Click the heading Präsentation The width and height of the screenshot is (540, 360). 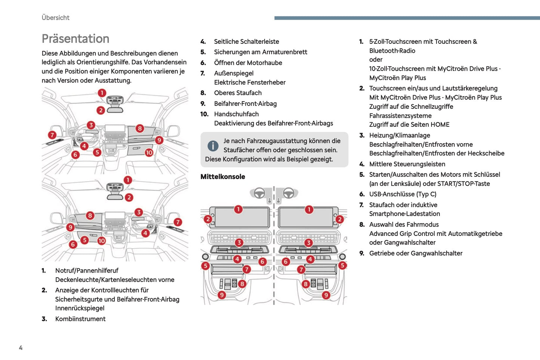pos(75,39)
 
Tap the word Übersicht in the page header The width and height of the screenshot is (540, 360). pos(55,18)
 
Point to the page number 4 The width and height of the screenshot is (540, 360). pos(21,348)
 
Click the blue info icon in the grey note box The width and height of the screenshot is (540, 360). pos(213,146)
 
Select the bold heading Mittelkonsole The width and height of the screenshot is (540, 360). pos(223,177)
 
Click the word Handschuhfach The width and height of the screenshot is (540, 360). pos(236,114)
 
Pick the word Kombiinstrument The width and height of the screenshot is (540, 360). pos(80,319)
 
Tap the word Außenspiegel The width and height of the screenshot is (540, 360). pos(234,73)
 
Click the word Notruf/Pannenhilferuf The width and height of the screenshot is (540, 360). pos(87,271)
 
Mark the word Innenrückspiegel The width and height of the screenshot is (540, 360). pos(80,308)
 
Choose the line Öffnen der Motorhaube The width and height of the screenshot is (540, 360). pos(248,63)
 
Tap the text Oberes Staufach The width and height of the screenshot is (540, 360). pos(238,93)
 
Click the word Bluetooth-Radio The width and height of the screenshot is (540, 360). pos(392,50)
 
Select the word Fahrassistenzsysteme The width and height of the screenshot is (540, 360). pos(400,116)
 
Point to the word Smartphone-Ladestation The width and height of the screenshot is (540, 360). pos(404,213)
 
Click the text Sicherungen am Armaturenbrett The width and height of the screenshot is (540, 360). pos(260,52)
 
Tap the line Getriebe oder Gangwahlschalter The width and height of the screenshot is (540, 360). pos(416,253)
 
